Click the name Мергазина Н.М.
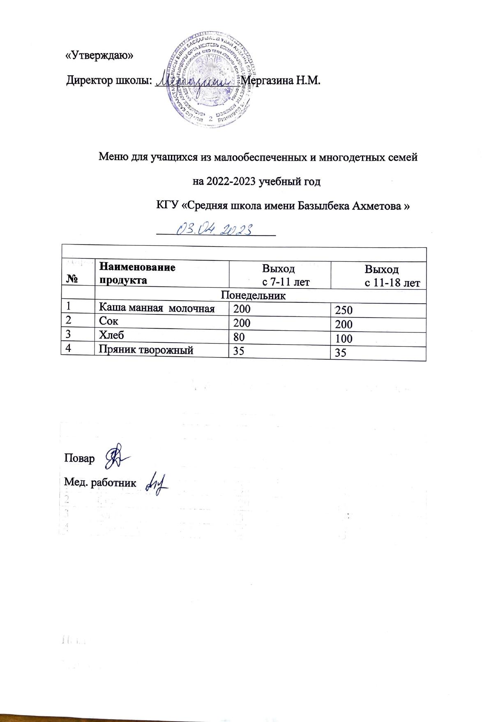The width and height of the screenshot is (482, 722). tap(280, 80)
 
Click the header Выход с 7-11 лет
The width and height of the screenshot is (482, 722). tap(279, 275)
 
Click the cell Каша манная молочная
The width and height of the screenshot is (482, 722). tap(157, 309)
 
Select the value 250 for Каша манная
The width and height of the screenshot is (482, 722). tap(344, 310)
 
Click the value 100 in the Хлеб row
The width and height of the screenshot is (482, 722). tap(344, 339)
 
